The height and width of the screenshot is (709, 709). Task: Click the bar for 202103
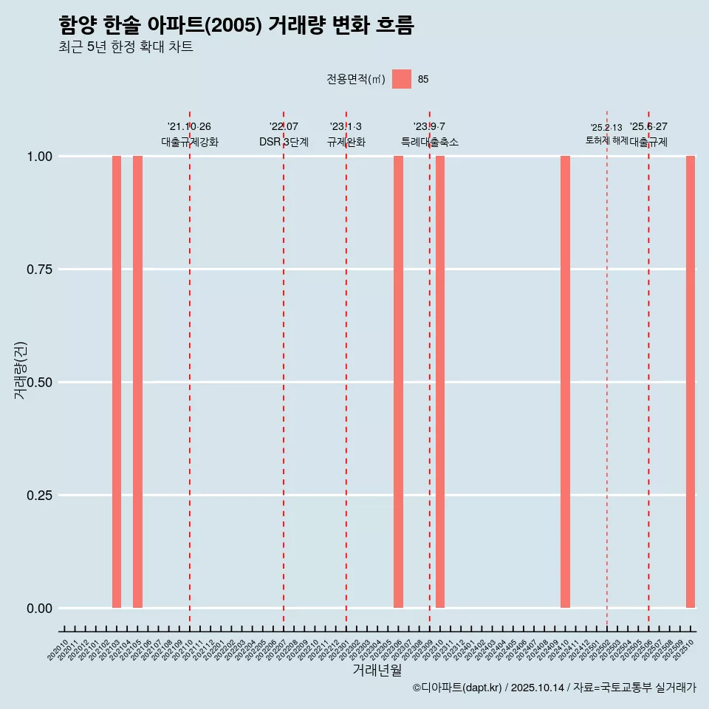point(117,382)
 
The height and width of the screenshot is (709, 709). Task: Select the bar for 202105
point(137,382)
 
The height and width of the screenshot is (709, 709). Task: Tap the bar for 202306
point(398,382)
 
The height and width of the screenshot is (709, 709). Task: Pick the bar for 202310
point(440,382)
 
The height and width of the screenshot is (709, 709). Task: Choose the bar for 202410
point(565,382)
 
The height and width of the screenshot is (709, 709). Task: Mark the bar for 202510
point(691,382)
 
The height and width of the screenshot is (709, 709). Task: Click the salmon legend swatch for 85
point(402,79)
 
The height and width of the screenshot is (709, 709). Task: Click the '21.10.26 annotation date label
point(189,127)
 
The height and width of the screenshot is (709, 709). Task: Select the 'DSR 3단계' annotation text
point(284,143)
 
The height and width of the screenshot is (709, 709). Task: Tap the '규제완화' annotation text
point(346,143)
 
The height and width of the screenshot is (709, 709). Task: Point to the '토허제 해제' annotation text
point(606,140)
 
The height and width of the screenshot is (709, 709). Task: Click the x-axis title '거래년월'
point(377,671)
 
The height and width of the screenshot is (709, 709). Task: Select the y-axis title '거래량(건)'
point(21,370)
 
